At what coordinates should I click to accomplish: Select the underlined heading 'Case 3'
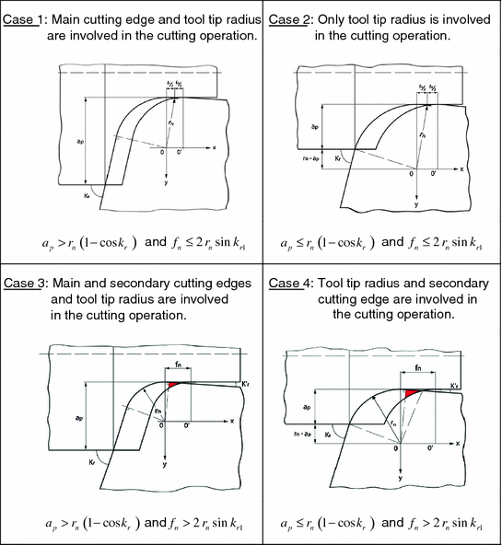(x=25, y=284)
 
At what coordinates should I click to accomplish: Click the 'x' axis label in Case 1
(x=214, y=147)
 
